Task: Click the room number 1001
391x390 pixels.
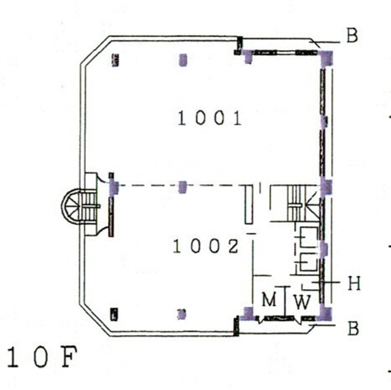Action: point(210,118)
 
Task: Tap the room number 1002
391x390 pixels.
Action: point(206,247)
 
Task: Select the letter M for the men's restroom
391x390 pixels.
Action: point(269,300)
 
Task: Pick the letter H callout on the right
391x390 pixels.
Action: point(354,283)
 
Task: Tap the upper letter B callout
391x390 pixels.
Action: point(352,36)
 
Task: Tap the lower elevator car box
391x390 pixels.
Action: point(308,263)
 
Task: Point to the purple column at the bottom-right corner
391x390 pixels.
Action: point(326,313)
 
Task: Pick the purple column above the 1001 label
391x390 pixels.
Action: point(183,60)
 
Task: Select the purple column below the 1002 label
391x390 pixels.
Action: point(182,314)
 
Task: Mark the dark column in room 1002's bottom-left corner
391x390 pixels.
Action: point(114,314)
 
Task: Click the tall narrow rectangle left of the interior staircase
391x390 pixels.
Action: point(248,204)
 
